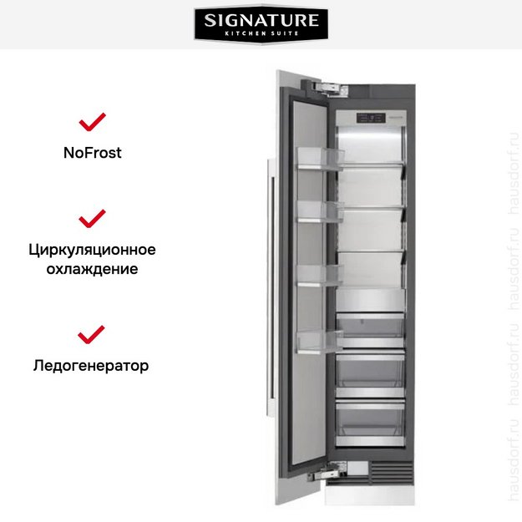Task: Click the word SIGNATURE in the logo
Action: (x=261, y=19)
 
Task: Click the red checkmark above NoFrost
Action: (x=92, y=123)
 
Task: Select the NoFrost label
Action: (x=92, y=153)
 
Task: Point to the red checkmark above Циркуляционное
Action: (x=92, y=219)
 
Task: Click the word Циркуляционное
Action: (x=92, y=250)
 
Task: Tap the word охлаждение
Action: (x=92, y=269)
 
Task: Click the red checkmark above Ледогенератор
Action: (x=92, y=335)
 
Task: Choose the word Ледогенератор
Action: (x=92, y=366)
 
